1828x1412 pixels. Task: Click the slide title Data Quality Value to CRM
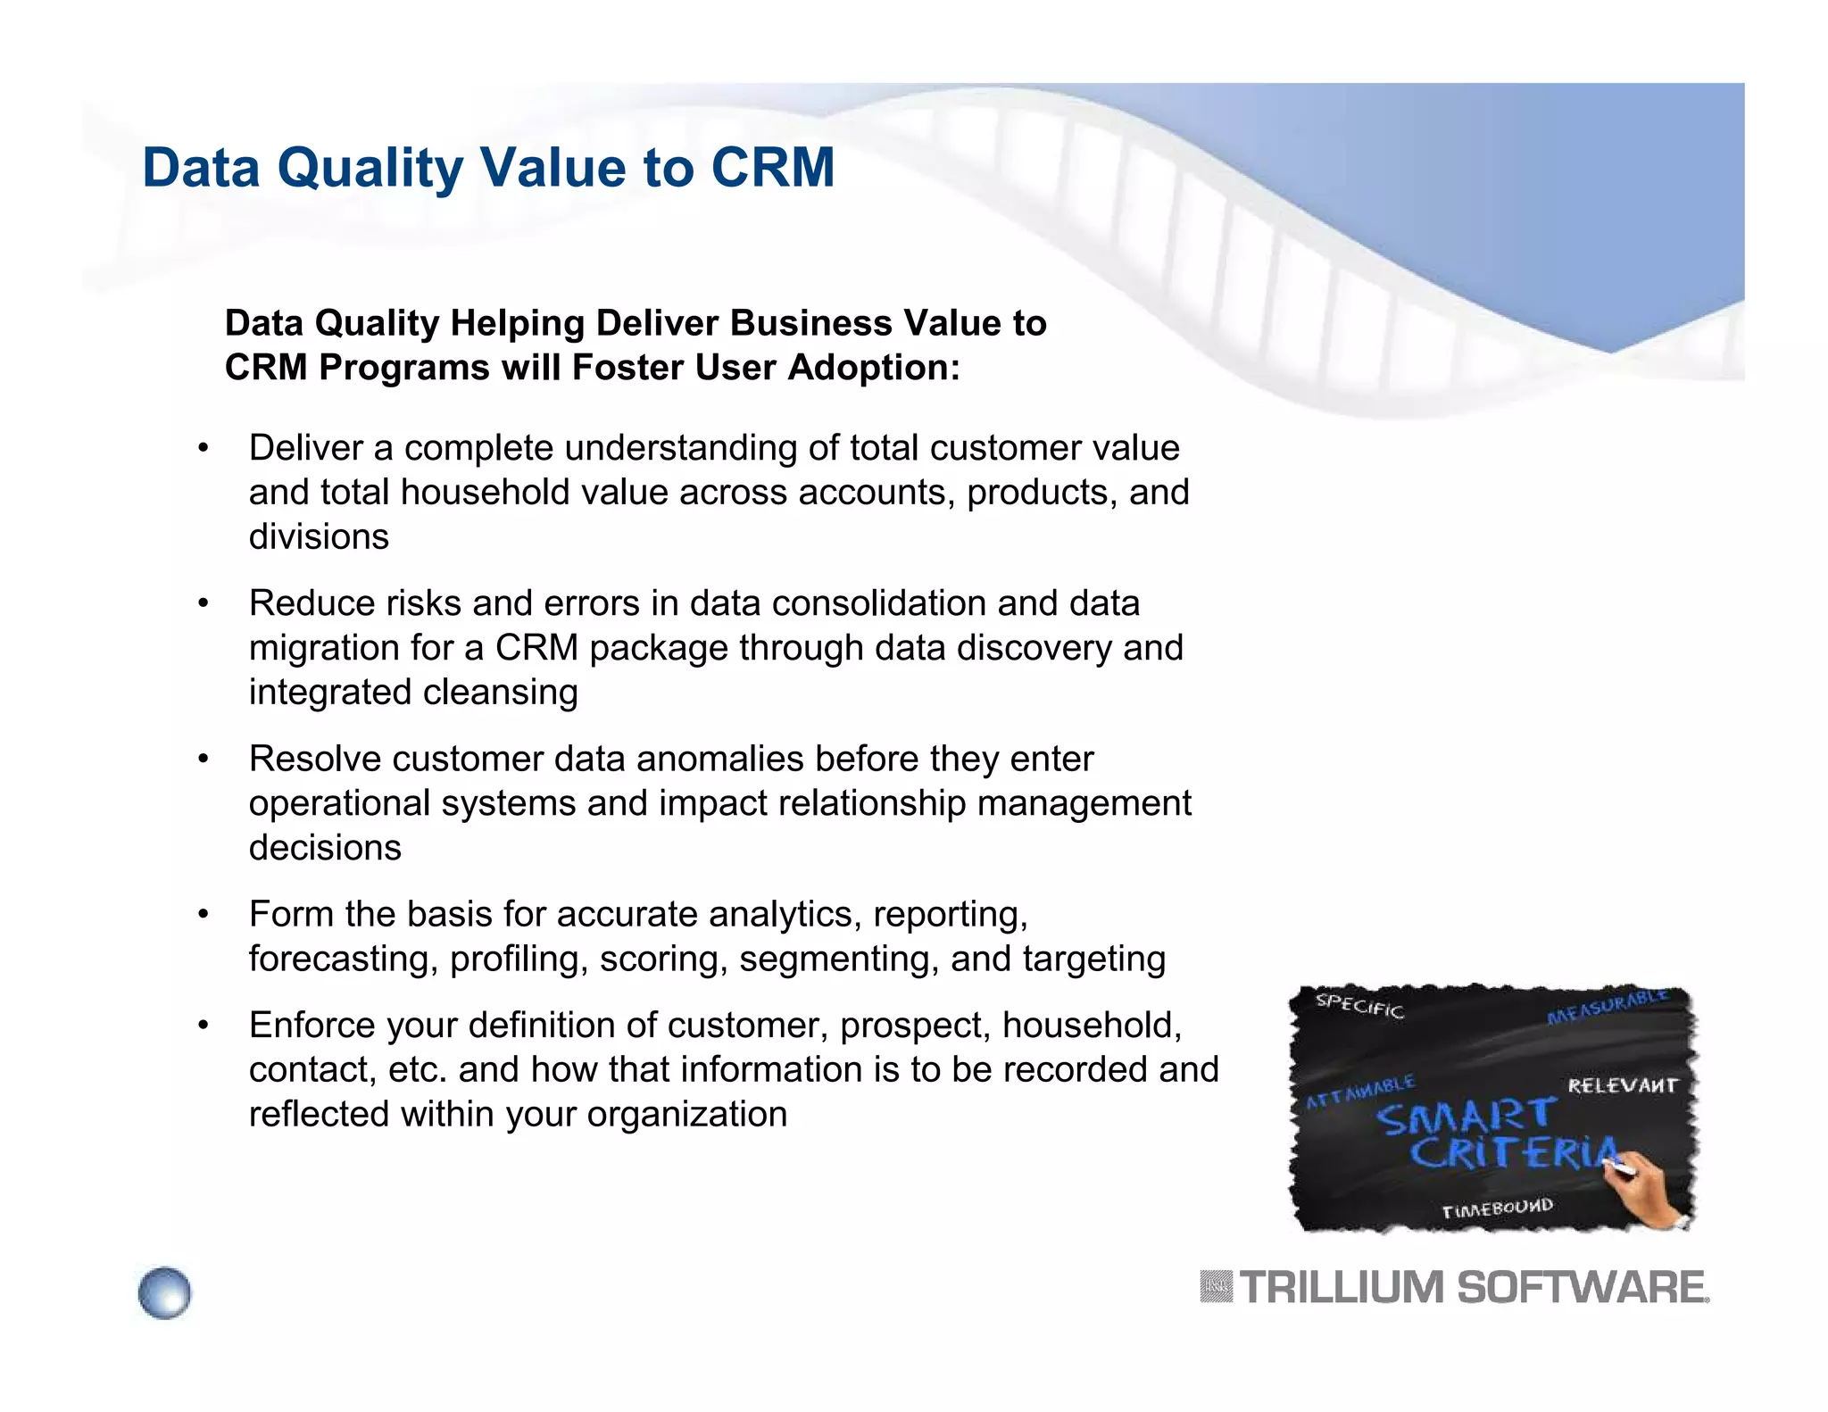488,168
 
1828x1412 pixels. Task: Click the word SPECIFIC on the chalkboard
1359,1006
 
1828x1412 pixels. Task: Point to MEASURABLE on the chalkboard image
1607,1007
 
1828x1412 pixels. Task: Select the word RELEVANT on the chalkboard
1623,1085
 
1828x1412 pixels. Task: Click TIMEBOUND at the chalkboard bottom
1497,1209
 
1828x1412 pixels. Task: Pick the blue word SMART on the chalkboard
1466,1117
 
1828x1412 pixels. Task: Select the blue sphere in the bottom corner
165,1292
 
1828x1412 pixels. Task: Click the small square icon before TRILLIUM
1216,1287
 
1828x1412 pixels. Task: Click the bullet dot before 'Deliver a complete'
204,448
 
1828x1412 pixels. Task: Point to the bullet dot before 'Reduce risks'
204,603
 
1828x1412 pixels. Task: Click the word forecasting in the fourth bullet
343,959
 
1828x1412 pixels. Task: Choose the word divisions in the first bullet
319,537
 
